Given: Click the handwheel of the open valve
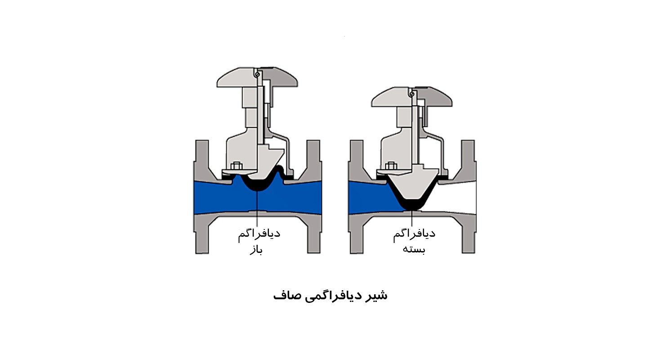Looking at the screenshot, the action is click(x=257, y=77).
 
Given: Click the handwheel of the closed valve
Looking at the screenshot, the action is click(x=412, y=97).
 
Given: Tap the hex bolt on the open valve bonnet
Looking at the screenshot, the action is click(x=237, y=166).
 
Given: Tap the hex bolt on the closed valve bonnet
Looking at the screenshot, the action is click(x=391, y=166).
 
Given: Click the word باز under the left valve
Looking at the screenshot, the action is click(x=256, y=249).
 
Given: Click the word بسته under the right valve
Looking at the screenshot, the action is click(x=414, y=249).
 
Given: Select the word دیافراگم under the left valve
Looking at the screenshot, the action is click(x=259, y=234).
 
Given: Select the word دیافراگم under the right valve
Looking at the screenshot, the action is click(x=414, y=234).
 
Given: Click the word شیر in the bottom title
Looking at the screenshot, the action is click(x=377, y=296).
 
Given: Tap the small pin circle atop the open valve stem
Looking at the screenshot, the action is click(x=257, y=74).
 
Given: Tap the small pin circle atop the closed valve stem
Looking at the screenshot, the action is click(x=412, y=94).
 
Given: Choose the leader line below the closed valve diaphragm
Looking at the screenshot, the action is click(x=412, y=218).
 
